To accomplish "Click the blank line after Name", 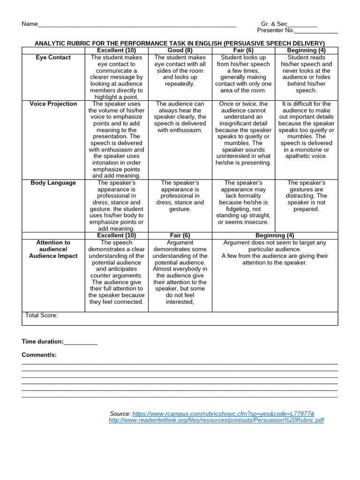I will point(136,25).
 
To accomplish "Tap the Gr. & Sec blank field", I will point(302,25).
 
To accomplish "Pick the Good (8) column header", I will point(180,51).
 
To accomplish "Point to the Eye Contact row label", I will point(53,58).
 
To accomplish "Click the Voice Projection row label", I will point(53,104).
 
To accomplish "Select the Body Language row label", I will point(53,183).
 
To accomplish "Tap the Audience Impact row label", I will point(53,256).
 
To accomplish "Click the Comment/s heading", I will point(39,355).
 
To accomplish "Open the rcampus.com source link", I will point(223,414).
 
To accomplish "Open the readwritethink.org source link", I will point(216,420).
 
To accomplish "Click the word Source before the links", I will point(120,414).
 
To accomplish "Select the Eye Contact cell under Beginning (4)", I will point(306,74).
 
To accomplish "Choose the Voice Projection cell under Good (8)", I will point(180,117).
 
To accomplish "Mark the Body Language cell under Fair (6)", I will point(243,202).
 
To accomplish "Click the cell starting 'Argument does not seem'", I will point(275,253).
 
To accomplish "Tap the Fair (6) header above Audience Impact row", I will point(180,235).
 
